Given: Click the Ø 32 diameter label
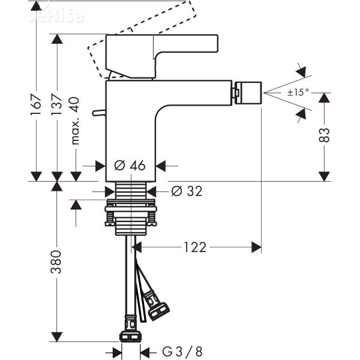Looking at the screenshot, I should tap(186, 191).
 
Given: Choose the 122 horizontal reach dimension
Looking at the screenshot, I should tap(195, 247).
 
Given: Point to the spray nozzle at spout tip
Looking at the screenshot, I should tap(245, 92).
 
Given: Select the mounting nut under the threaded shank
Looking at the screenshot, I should tap(130, 214).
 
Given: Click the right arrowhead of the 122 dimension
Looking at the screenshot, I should tap(257, 247).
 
